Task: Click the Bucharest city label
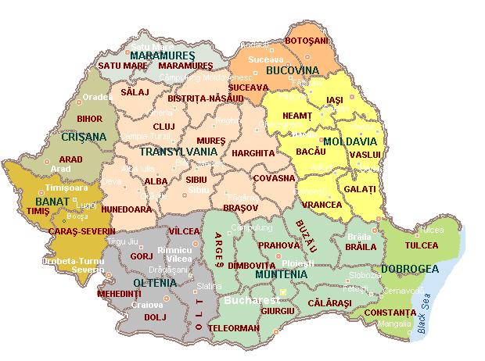tap(251, 299)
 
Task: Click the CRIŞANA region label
tap(83, 137)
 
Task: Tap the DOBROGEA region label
tap(409, 270)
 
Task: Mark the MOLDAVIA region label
tap(350, 141)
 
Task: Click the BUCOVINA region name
tap(293, 70)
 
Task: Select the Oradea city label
tap(98, 98)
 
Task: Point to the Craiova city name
tap(146, 305)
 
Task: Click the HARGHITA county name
tap(253, 153)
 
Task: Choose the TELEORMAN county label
tap(234, 328)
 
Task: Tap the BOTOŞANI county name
tap(307, 40)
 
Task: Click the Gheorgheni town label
tap(279, 123)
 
